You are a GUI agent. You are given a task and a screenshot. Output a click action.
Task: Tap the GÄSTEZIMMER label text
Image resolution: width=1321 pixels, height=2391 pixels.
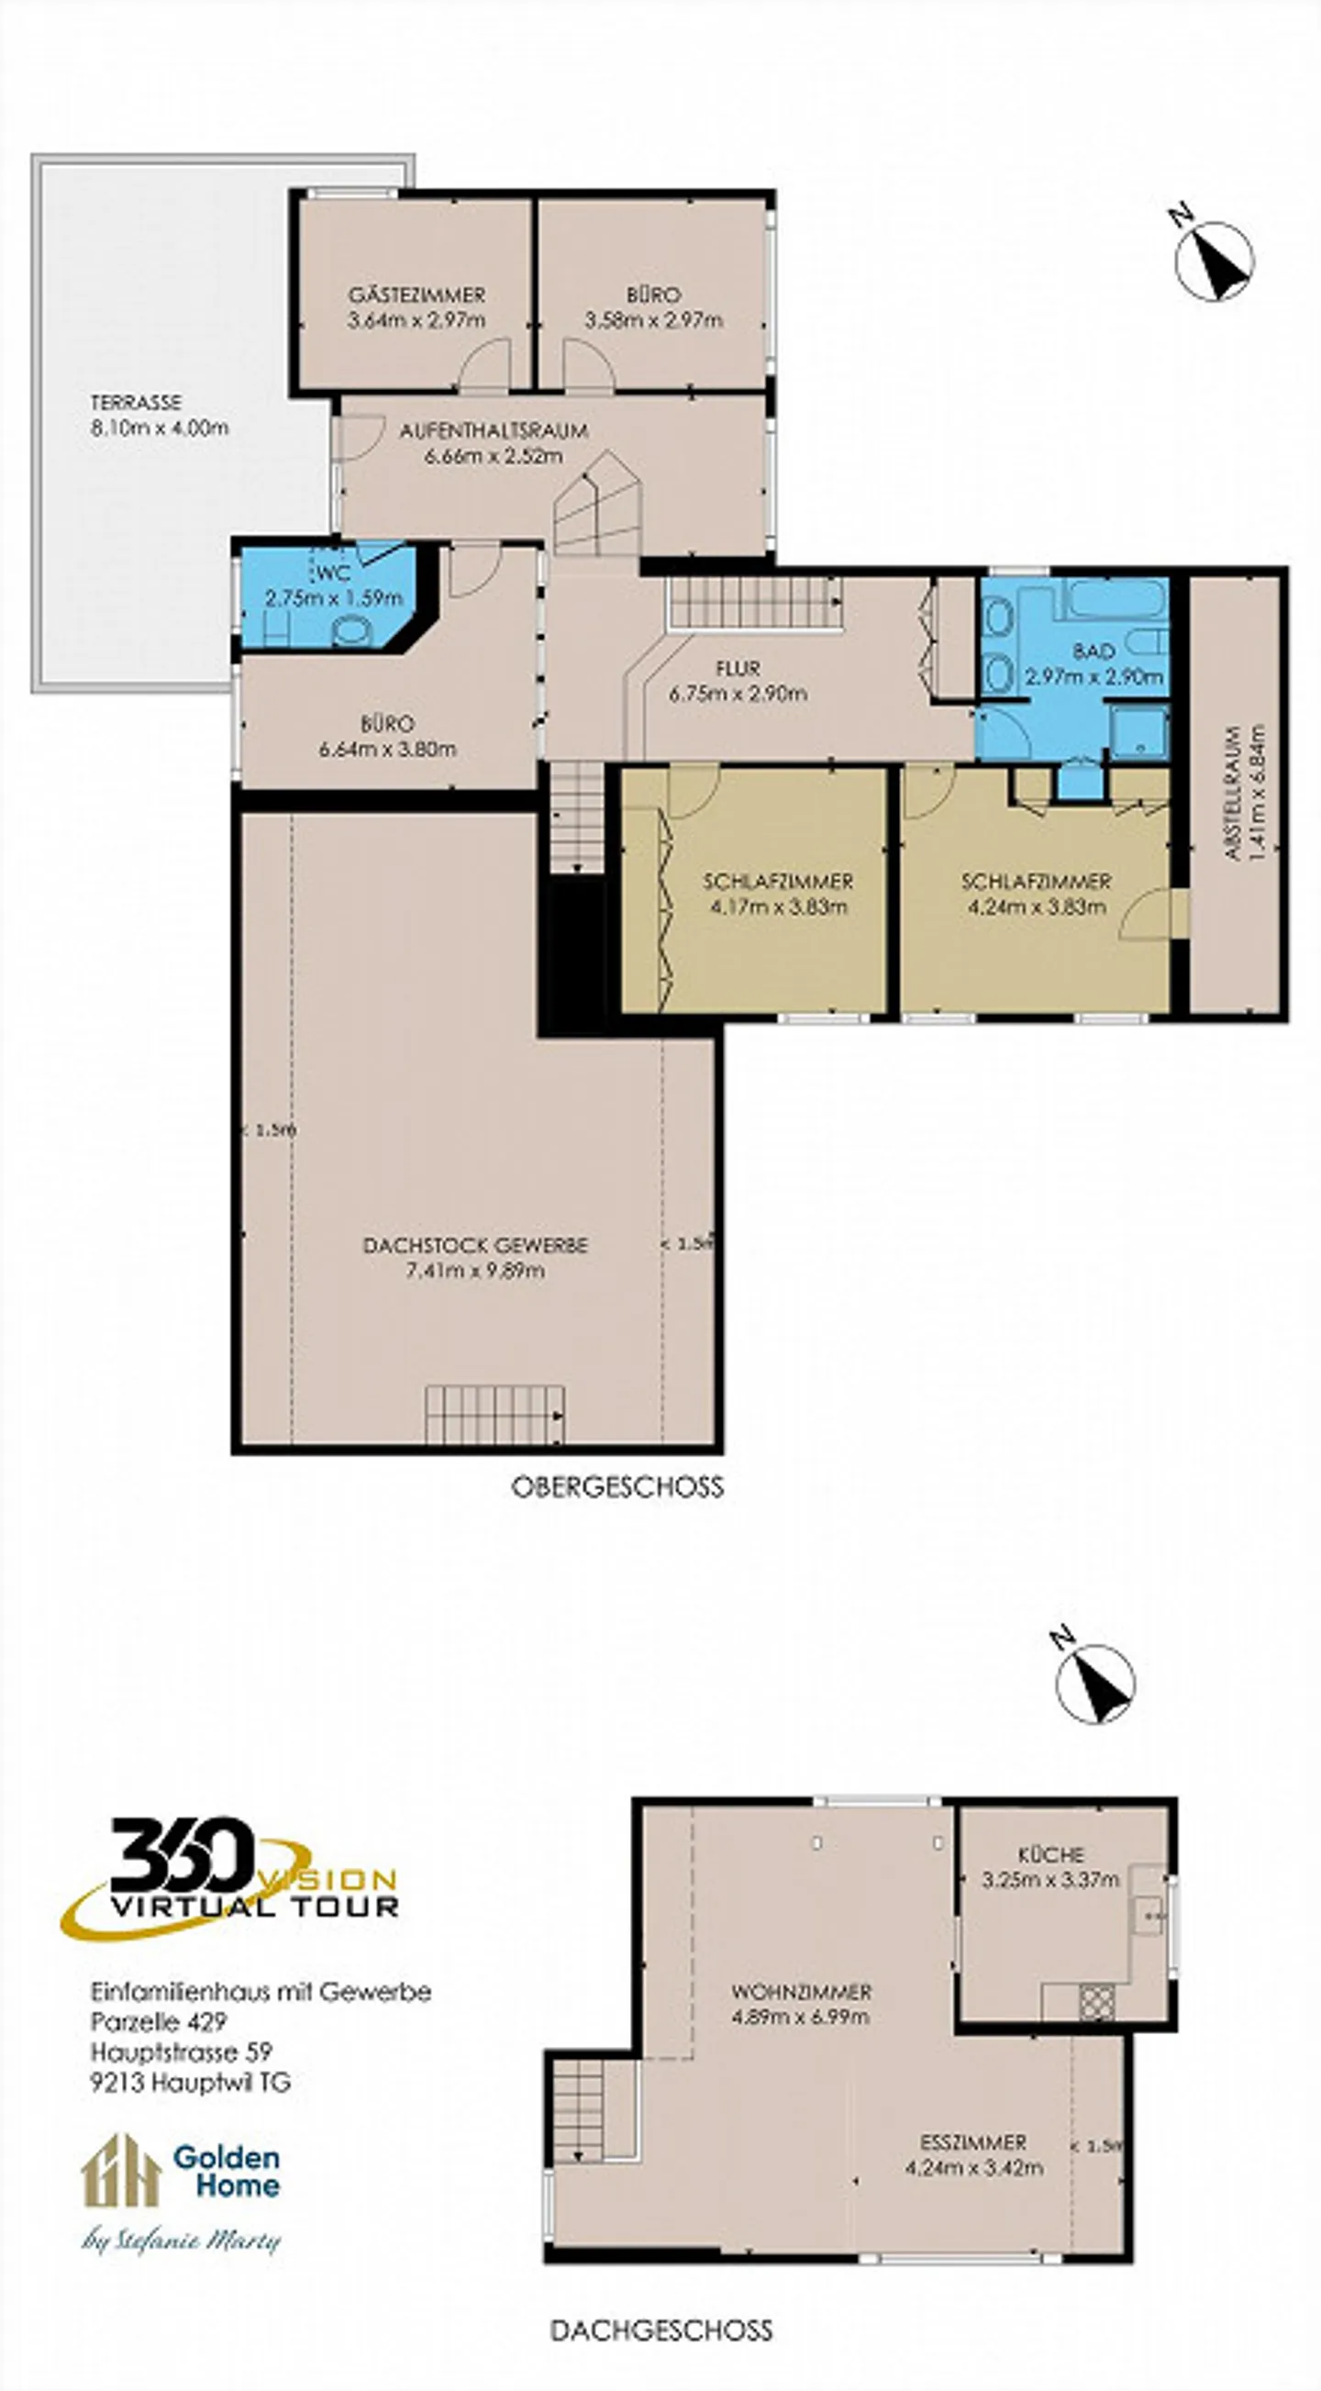416,295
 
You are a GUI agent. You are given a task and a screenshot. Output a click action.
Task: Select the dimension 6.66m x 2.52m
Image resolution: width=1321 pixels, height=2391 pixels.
493,457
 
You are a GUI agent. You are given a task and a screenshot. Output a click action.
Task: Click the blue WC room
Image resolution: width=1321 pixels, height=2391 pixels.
329,594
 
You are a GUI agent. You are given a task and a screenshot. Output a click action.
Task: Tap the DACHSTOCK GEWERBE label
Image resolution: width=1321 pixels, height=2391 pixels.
474,1245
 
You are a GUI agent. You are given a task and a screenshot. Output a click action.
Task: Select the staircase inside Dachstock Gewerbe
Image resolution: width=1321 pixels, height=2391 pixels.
494,1416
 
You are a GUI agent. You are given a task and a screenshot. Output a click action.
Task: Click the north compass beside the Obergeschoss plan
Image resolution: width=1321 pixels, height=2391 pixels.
1213,259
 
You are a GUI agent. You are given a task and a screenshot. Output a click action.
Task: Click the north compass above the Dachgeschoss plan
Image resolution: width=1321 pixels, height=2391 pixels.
1095,1684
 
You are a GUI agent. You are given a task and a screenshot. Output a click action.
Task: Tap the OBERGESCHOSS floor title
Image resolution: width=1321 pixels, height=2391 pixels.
617,1488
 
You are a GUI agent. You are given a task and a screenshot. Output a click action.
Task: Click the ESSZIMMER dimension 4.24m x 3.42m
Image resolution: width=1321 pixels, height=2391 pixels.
974,2168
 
